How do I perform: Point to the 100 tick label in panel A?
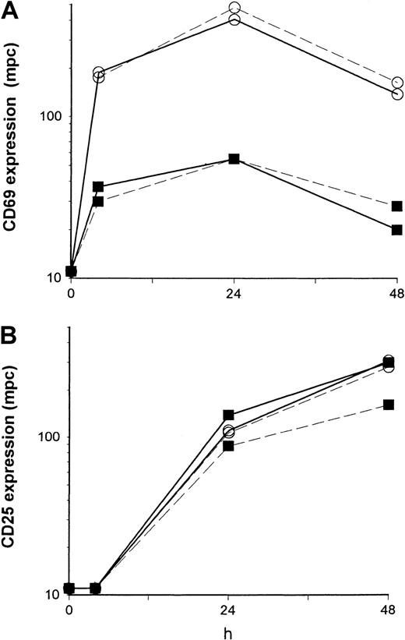click(x=51, y=116)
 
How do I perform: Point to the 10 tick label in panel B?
click(x=54, y=595)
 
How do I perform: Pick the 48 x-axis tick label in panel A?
click(x=396, y=295)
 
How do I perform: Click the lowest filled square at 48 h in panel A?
click(x=397, y=230)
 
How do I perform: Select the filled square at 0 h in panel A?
click(x=71, y=271)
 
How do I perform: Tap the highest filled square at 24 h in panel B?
click(x=228, y=415)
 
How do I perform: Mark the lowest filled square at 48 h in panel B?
click(x=388, y=405)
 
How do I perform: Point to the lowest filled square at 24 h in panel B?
click(x=228, y=446)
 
